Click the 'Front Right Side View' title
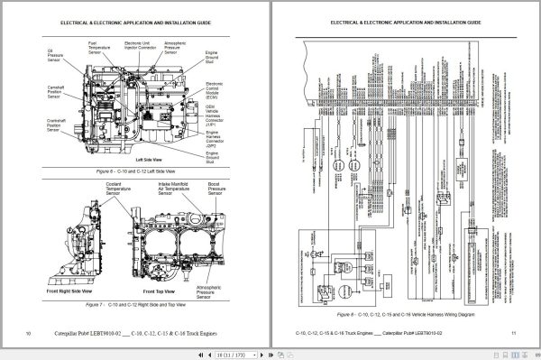[x=68, y=293]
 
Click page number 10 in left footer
[x=30, y=334]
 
